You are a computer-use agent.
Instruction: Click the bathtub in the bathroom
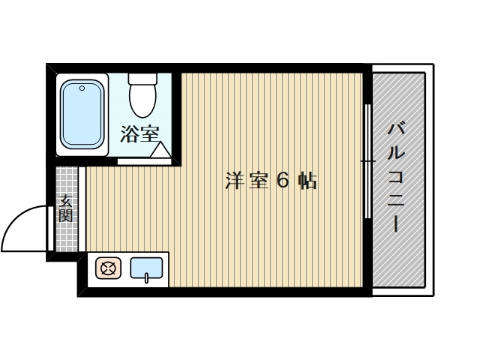click(81, 115)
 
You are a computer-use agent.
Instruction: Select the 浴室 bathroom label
click(139, 134)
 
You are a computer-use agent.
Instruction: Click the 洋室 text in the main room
click(247, 181)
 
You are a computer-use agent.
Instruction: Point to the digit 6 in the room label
click(282, 181)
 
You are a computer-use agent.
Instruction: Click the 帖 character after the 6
click(306, 181)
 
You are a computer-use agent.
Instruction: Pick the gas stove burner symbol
click(107, 268)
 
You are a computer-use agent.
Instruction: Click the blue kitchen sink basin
click(147, 267)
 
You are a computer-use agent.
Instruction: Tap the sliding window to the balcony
click(367, 161)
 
